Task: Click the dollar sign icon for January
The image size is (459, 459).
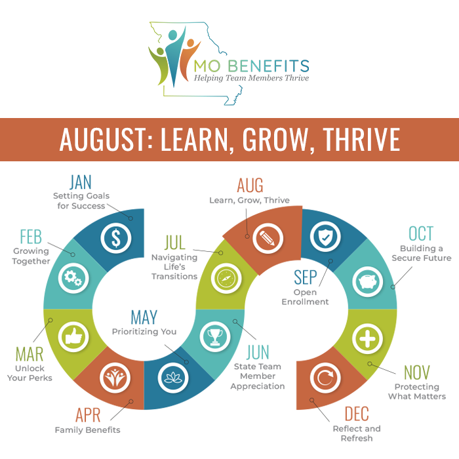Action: coord(115,238)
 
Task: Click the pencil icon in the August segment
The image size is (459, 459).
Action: coord(267,237)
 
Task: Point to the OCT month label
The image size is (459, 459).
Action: coord(420,233)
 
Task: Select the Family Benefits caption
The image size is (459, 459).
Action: coord(87,430)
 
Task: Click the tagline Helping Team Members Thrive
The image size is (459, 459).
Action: coord(251,78)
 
